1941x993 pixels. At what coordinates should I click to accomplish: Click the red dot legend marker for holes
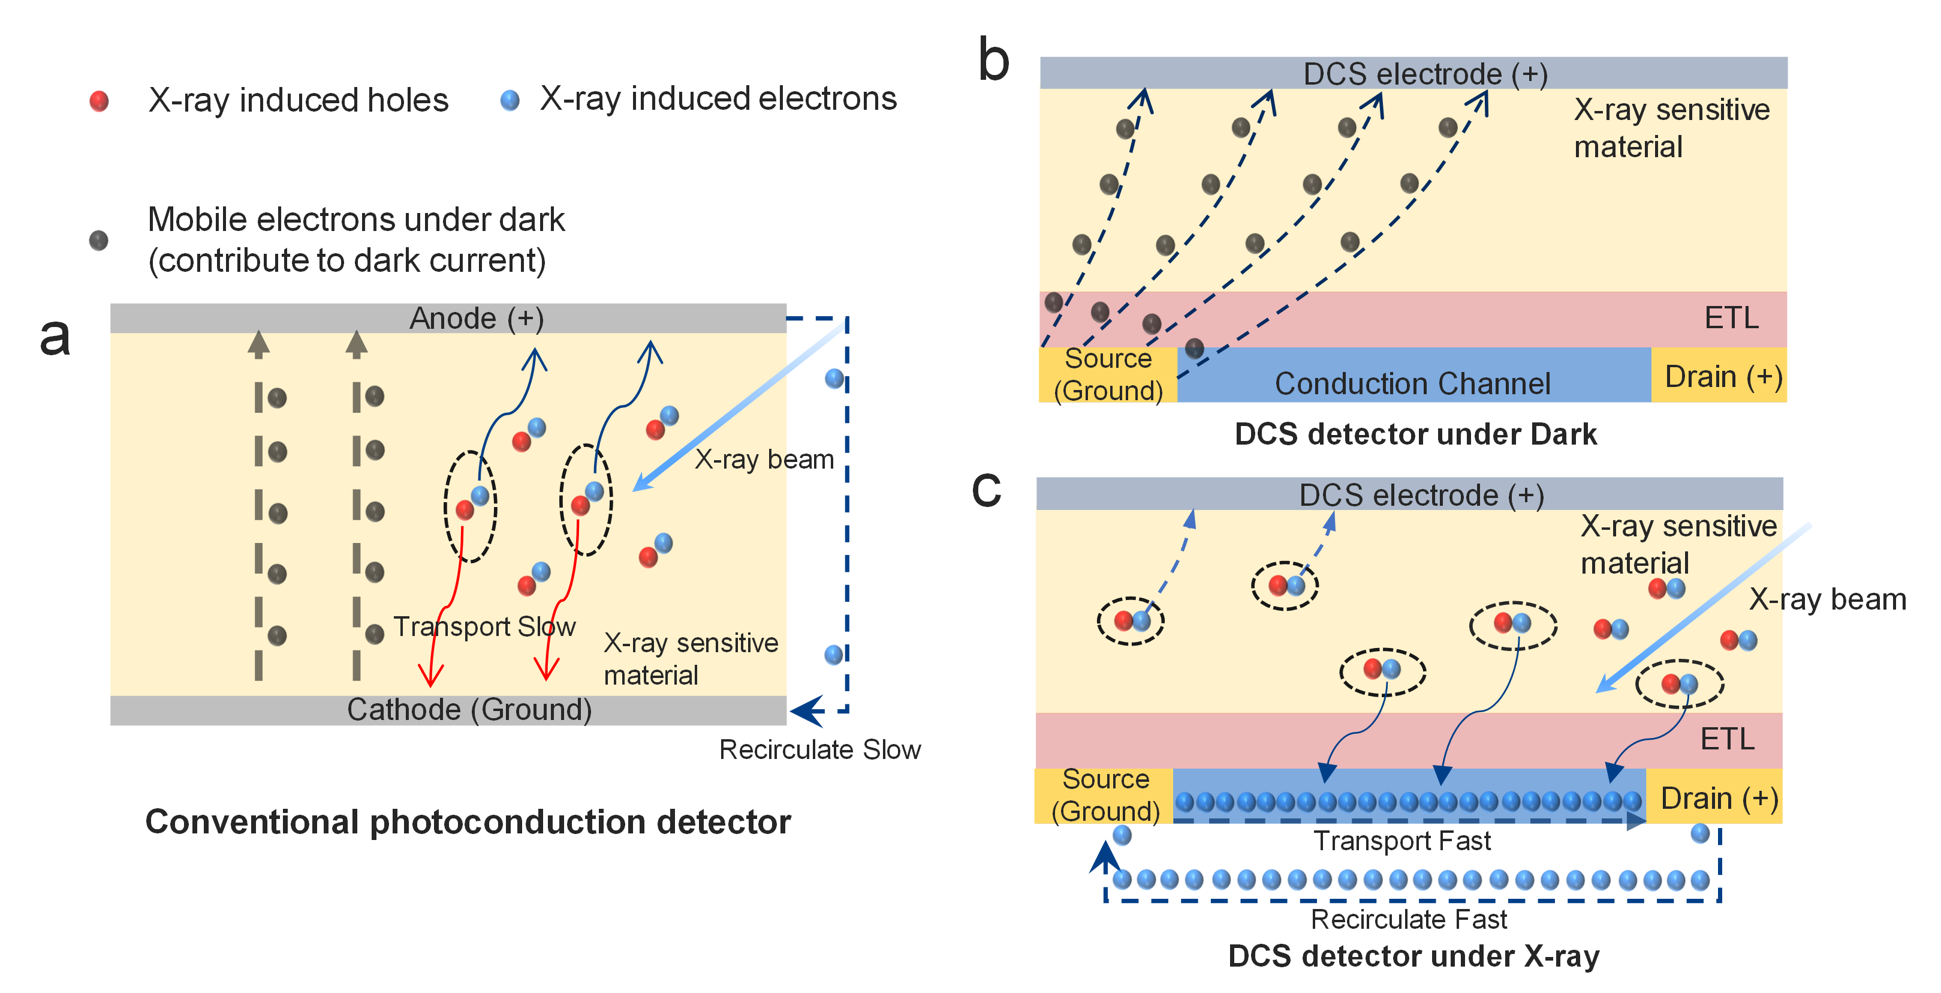click(99, 101)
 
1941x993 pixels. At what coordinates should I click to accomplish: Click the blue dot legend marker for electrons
click(510, 100)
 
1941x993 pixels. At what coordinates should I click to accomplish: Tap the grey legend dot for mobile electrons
click(99, 241)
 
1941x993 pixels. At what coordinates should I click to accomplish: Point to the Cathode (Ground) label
click(469, 710)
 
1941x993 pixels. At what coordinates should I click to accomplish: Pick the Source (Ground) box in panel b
click(1108, 375)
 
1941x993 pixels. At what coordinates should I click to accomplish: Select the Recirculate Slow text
click(820, 749)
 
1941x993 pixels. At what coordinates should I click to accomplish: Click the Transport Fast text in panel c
click(1402, 841)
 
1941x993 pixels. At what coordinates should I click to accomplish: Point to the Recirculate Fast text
click(1408, 919)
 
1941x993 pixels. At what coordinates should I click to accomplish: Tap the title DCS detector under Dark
click(1415, 434)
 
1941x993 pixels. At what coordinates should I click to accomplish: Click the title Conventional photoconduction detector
click(468, 822)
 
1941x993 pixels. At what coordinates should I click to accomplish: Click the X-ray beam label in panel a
click(764, 459)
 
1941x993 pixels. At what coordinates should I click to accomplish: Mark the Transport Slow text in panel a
click(484, 626)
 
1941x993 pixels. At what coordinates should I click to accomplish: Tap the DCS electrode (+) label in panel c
click(1421, 496)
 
